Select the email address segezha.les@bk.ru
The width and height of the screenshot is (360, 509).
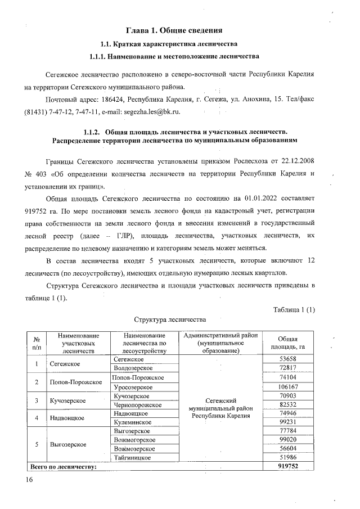pyautogui.click(x=152, y=112)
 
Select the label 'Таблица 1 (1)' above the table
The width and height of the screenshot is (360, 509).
pyautogui.click(x=294, y=309)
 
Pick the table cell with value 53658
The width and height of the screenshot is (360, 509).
pyautogui.click(x=287, y=359)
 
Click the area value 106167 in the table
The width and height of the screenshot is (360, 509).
pyautogui.click(x=287, y=386)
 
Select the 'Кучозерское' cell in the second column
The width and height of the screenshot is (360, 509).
pyautogui.click(x=67, y=400)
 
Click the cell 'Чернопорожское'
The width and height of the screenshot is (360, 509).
pyautogui.click(x=138, y=405)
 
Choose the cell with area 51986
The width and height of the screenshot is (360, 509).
pyautogui.click(x=287, y=458)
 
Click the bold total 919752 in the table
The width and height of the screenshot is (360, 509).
pyautogui.click(x=287, y=466)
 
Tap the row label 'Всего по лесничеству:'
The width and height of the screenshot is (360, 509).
pyautogui.click(x=64, y=466)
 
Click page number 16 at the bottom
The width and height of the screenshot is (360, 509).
pyautogui.click(x=29, y=479)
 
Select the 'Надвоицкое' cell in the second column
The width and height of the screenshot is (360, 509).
pyautogui.click(x=67, y=418)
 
